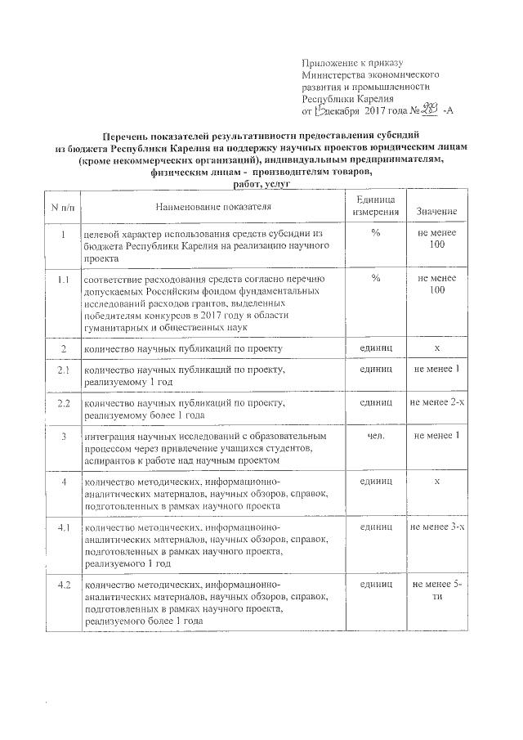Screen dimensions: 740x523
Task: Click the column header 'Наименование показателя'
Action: click(x=212, y=206)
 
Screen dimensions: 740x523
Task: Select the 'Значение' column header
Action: click(x=436, y=212)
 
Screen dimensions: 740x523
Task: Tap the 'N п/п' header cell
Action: click(x=61, y=207)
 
